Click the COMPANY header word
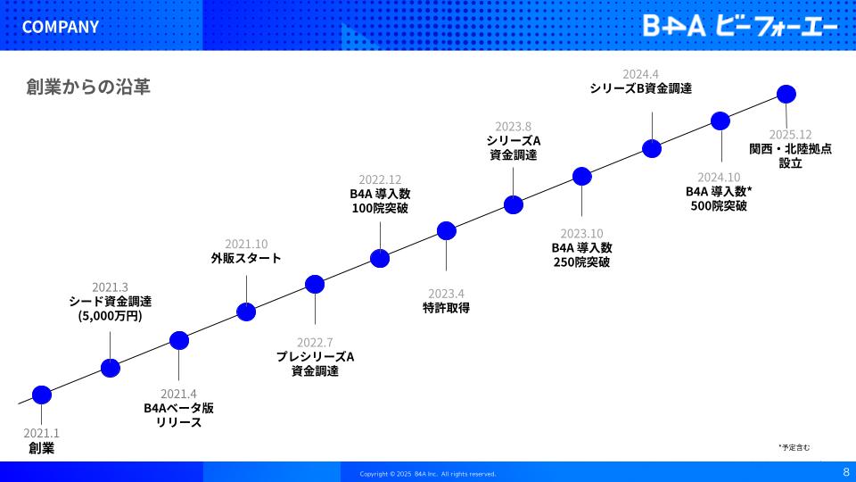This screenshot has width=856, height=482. (x=60, y=27)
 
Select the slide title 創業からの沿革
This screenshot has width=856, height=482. (x=88, y=87)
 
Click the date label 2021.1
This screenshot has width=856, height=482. (x=42, y=433)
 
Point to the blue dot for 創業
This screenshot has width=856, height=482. (x=42, y=395)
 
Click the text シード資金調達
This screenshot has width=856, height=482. (x=111, y=301)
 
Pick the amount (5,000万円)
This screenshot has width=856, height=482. (x=111, y=316)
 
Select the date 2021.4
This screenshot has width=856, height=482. (x=178, y=394)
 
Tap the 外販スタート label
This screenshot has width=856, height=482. (x=246, y=258)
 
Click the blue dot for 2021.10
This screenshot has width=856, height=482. (x=246, y=312)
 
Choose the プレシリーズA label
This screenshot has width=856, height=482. (x=315, y=357)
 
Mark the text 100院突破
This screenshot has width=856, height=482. (x=380, y=208)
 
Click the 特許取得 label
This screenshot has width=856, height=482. (x=446, y=308)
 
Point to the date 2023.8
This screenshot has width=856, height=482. (x=514, y=126)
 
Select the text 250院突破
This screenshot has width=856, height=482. (x=581, y=262)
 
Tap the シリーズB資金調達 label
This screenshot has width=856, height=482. (x=640, y=88)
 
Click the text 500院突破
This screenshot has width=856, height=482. (x=719, y=206)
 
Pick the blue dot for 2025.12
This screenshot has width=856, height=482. (x=786, y=94)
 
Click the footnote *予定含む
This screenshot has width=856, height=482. (x=794, y=447)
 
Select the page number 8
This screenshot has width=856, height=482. (x=846, y=472)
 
